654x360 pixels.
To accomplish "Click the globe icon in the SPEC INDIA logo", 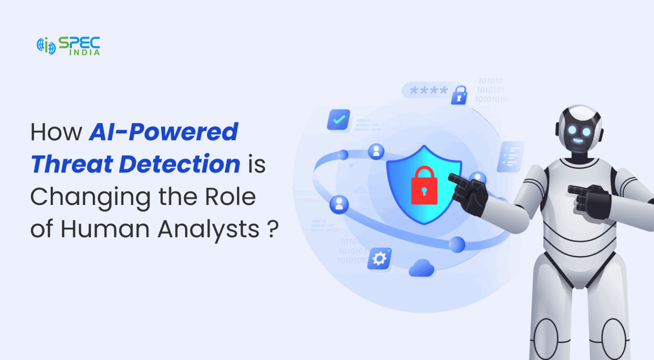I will coord(46,46).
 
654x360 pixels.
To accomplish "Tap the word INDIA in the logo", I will coord(85,52).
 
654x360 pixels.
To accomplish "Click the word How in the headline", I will coord(56,132).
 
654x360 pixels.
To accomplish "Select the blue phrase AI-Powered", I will coord(163,132).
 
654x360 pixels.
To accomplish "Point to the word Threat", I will coord(72,164).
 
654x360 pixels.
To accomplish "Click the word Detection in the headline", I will coord(180,164).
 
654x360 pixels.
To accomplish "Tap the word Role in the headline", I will coord(230,197).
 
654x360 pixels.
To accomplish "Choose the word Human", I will coord(105,229).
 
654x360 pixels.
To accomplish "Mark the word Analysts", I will coord(209,229).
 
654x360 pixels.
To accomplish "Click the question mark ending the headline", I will coord(273,229).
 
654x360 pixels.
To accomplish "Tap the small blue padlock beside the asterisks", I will coord(459,95).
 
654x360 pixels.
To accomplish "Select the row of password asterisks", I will coord(429,90).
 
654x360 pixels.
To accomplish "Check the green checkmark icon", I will coord(339,120).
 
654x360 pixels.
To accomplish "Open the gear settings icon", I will coord(379,258).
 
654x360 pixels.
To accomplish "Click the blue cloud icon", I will coord(422,268).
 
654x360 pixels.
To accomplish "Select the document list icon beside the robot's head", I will coord(510,156).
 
